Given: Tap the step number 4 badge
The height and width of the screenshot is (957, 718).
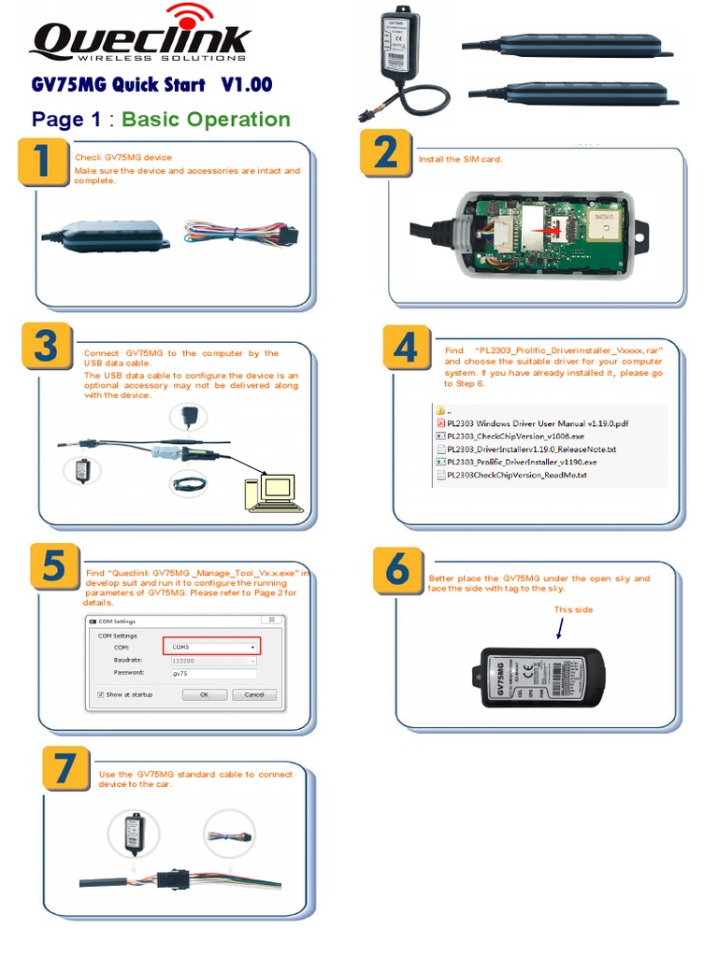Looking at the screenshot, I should pyautogui.click(x=407, y=349).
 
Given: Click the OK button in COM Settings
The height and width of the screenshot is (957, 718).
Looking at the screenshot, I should pyautogui.click(x=204, y=694).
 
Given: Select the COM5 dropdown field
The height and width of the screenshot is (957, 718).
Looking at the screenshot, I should pyautogui.click(x=211, y=647).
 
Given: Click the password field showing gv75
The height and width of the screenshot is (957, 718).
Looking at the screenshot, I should pyautogui.click(x=212, y=672).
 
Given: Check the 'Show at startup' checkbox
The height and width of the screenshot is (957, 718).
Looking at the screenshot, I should pyautogui.click(x=101, y=694).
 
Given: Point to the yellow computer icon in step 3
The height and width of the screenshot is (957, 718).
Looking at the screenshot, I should pyautogui.click(x=273, y=493).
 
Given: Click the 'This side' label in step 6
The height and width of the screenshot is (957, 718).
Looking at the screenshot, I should pyautogui.click(x=573, y=609).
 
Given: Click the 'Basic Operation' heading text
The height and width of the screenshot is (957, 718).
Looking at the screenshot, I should pyautogui.click(x=206, y=119).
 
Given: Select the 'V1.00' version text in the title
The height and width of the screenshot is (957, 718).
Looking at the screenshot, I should pyautogui.click(x=247, y=85).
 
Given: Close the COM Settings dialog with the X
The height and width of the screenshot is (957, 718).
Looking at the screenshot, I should pyautogui.click(x=271, y=621).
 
